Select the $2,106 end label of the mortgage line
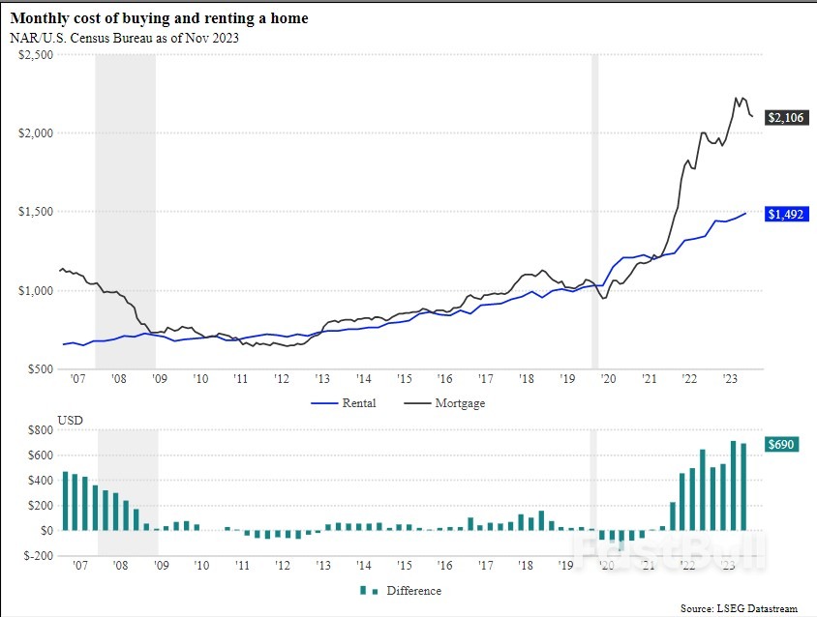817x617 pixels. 784,117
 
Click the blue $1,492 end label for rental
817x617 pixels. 784,214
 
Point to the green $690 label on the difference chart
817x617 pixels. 781,444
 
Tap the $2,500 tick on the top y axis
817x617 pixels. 36,54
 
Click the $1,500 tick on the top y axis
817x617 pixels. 36,212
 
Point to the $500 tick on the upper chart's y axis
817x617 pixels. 40,369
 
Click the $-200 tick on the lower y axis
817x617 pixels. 38,555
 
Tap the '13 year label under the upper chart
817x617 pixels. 321,380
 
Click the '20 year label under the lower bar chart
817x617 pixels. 608,567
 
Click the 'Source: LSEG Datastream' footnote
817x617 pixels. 739,608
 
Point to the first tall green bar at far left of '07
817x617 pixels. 65,501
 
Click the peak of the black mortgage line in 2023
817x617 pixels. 736,98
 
